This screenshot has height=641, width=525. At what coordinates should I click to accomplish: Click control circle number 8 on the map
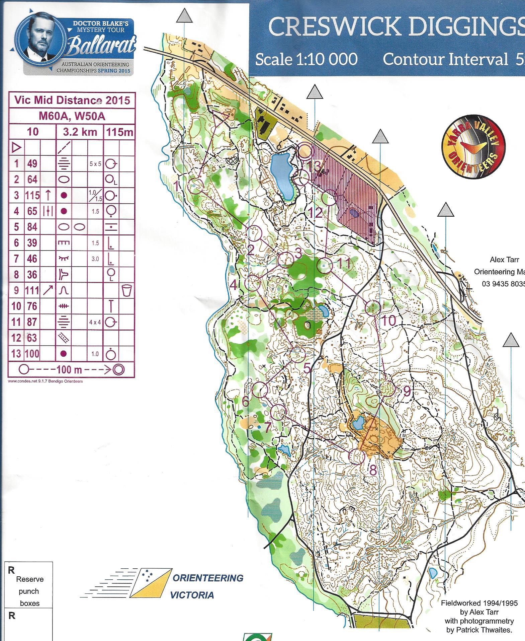pos(357,456)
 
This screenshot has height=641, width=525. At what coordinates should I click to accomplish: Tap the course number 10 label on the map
pos(388,321)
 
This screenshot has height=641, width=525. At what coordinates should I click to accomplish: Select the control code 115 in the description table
pos(32,196)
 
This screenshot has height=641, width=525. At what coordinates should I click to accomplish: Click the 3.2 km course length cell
pos(80,132)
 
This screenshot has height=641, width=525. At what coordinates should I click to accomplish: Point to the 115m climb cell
pos(119,132)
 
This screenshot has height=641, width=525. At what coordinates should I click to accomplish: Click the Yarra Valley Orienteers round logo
pos(473,146)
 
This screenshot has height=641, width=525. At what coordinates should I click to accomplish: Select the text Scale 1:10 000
pos(306,60)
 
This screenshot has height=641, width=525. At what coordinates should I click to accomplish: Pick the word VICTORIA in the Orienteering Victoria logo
pos(192,595)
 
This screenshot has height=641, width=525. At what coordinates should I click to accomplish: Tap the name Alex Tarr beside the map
pos(504,260)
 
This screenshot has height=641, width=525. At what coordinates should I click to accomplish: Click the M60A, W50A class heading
pos(72,116)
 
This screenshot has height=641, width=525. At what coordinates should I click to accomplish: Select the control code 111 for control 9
pos(32,290)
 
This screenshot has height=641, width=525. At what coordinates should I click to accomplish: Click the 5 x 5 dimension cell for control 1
pos(95,164)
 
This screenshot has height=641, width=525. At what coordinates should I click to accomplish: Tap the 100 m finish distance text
pos(69,370)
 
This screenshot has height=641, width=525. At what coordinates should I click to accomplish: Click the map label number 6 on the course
pos(245,401)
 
